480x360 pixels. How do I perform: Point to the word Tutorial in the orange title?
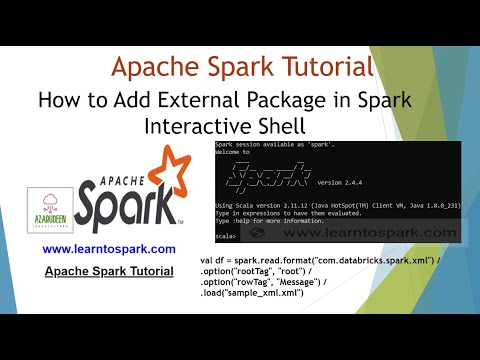(x=323, y=68)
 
